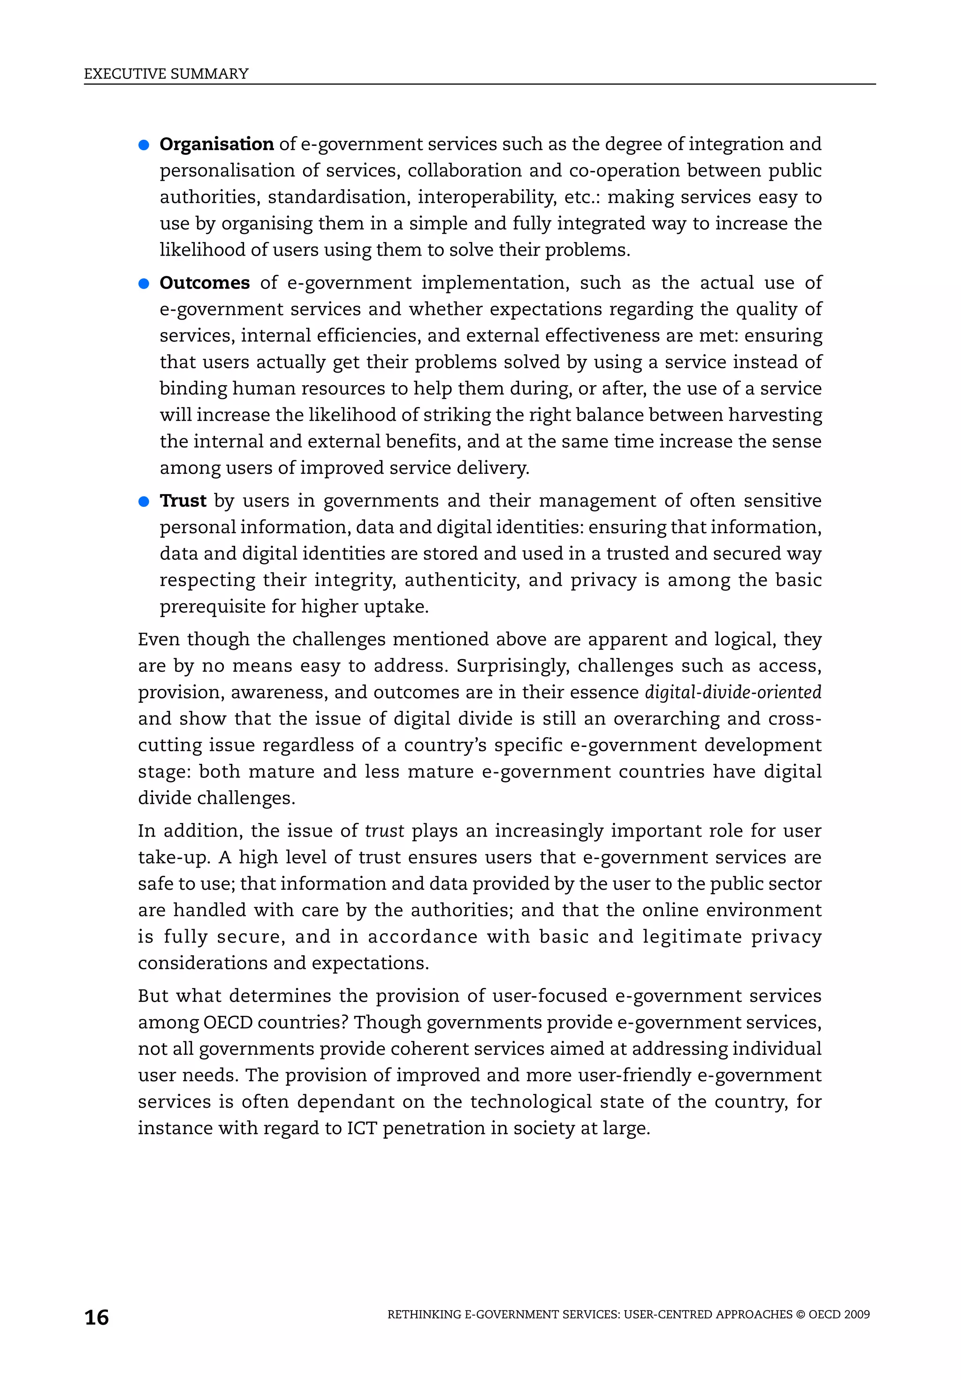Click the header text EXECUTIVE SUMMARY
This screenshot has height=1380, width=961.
[166, 74]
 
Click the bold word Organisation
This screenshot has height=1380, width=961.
[216, 144]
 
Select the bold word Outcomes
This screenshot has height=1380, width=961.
[204, 282]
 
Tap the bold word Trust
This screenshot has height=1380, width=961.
[183, 501]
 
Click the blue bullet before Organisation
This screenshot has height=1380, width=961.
[144, 145]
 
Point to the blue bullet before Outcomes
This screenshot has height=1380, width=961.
[144, 284]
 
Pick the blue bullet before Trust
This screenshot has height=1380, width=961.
[144, 502]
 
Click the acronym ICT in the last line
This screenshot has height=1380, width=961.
[361, 1128]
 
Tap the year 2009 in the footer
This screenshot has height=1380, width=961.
[856, 1314]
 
